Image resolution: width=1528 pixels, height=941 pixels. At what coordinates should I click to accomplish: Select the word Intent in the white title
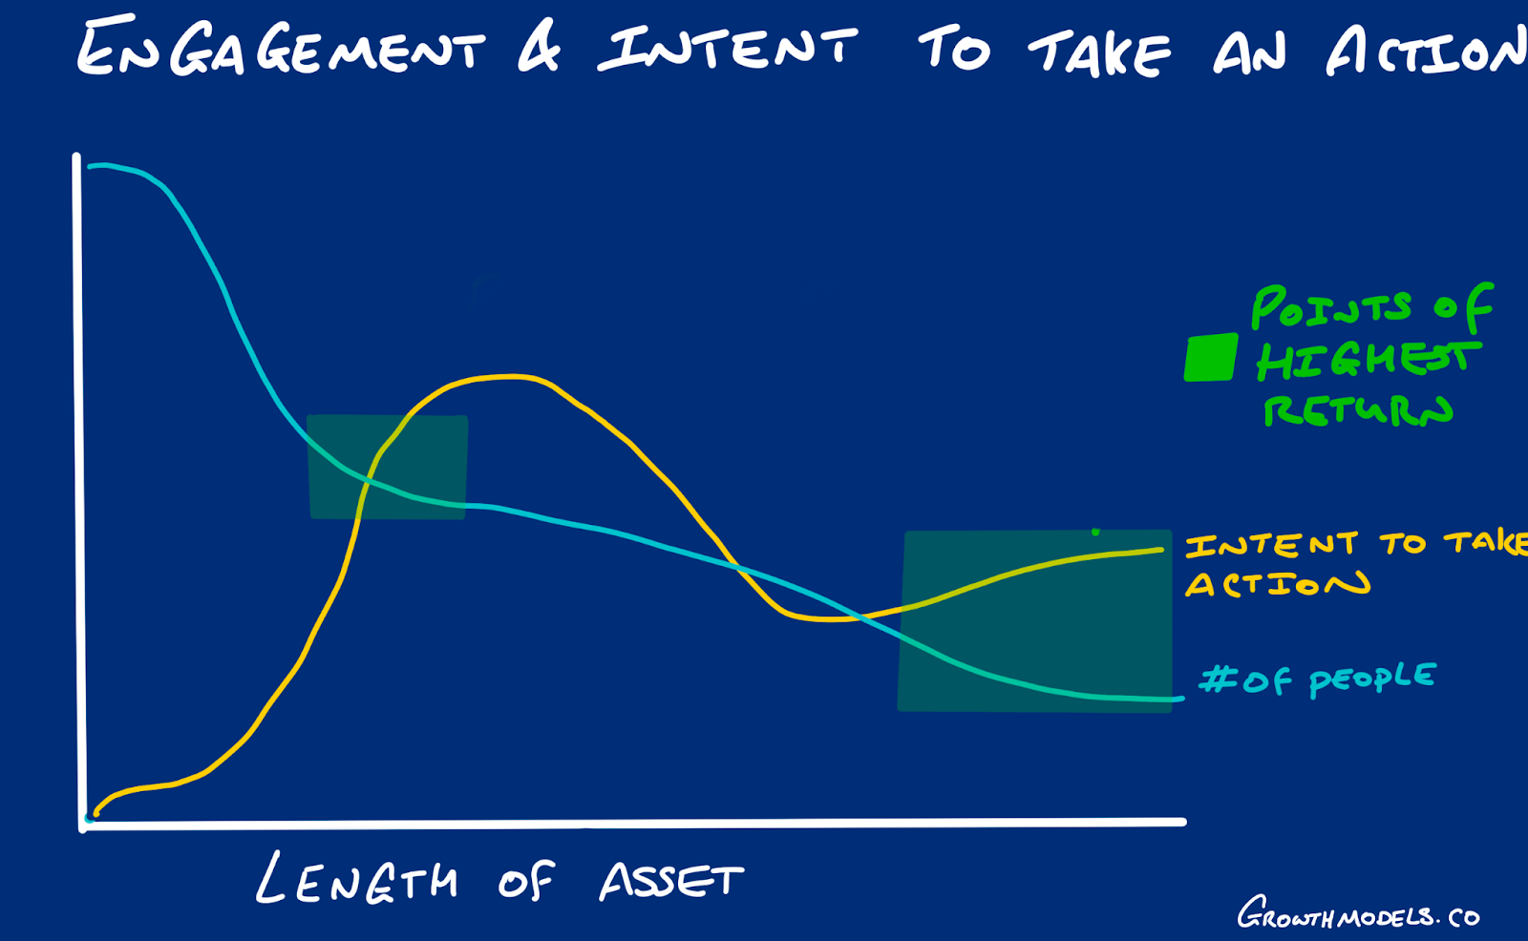coord(727,48)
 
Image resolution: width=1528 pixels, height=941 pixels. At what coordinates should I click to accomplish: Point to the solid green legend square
coord(1211,357)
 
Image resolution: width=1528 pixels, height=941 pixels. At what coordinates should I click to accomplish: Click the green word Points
coord(1331,307)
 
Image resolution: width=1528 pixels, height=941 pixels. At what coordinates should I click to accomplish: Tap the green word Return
coord(1357,409)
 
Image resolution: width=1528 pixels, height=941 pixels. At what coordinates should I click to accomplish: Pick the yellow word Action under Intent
coord(1277,584)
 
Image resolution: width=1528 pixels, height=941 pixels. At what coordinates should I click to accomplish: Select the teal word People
coord(1372,680)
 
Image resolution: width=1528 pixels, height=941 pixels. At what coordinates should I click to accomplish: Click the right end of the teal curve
coord(1182,699)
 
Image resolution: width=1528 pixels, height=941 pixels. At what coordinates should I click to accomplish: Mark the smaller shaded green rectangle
coord(388,467)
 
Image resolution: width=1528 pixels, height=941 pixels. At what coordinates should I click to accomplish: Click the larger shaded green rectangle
coord(1035,621)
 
